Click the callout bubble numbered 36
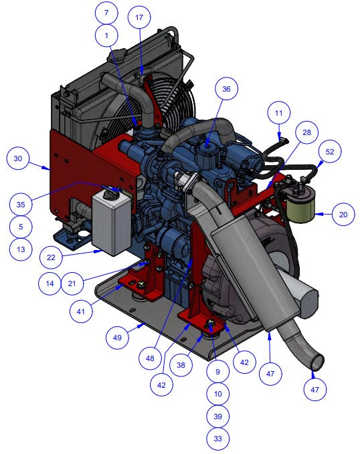tap(226, 89)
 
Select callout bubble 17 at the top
tap(139, 17)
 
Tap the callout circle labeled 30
tap(18, 158)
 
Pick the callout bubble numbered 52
tap(330, 152)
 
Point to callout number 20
tap(343, 215)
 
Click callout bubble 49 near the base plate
tap(117, 338)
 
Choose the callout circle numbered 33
tap(218, 439)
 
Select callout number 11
tap(278, 112)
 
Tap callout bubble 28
tap(306, 132)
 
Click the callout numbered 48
tap(150, 358)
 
